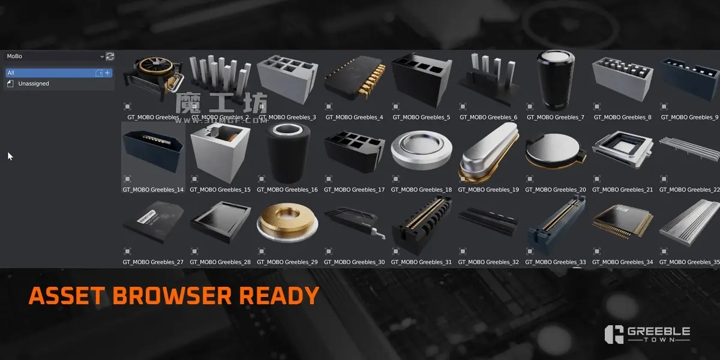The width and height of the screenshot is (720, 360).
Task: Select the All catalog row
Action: click(51, 73)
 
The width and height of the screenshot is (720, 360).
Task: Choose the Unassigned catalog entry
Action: click(34, 84)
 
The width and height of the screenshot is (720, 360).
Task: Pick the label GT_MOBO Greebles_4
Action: click(354, 118)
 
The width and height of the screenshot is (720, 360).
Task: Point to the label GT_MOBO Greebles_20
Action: click(555, 190)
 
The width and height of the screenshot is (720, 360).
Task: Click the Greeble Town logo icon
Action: click(614, 335)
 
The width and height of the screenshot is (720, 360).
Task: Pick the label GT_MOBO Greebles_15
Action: click(220, 190)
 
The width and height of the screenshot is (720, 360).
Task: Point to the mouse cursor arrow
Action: click(10, 156)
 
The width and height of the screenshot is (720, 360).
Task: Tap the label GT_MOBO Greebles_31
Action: click(421, 262)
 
